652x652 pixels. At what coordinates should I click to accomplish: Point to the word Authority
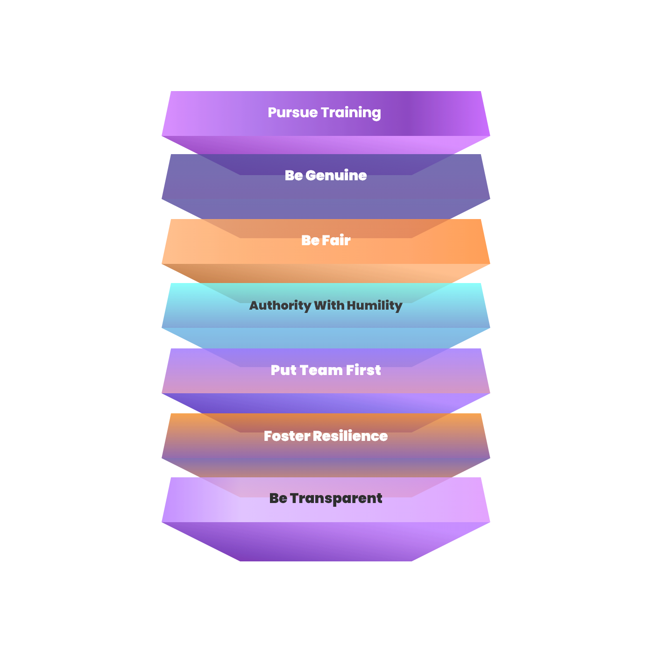pyautogui.click(x=280, y=305)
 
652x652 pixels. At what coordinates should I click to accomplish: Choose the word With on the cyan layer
pyautogui.click(x=329, y=305)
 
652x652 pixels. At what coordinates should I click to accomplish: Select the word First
pyautogui.click(x=363, y=370)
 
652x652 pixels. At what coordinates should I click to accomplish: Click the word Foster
pyautogui.click(x=287, y=436)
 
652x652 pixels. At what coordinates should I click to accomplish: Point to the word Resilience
pyautogui.click(x=350, y=436)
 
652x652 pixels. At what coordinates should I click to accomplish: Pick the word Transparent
pyautogui.click(x=336, y=498)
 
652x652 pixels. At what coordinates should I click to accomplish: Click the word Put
pyautogui.click(x=283, y=370)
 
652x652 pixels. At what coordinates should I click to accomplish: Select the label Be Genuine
pyautogui.click(x=326, y=176)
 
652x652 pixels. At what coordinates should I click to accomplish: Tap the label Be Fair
pyautogui.click(x=326, y=241)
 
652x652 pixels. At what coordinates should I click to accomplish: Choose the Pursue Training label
pyautogui.click(x=325, y=113)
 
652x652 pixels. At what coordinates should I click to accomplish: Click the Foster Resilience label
pyautogui.click(x=326, y=436)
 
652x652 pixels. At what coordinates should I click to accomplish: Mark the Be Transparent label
pyautogui.click(x=326, y=498)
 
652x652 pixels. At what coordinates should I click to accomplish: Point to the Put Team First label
pyautogui.click(x=326, y=370)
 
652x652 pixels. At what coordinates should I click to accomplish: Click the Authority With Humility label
pyautogui.click(x=326, y=305)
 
